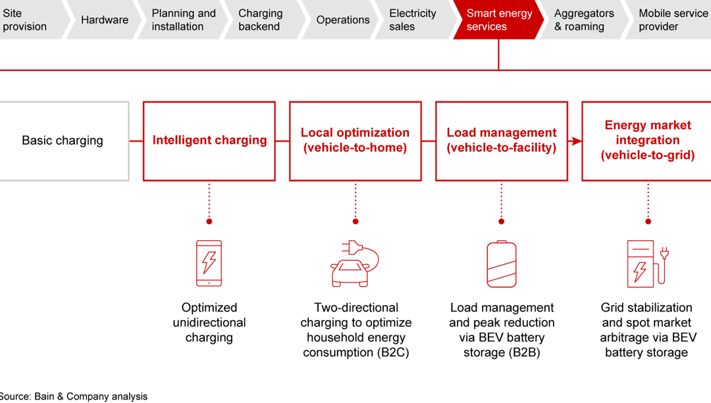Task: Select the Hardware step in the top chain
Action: click(x=104, y=20)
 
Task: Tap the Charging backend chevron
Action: click(x=261, y=20)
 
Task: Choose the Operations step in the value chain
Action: click(x=342, y=20)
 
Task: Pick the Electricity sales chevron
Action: click(x=413, y=20)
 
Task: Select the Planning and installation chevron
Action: click(x=182, y=20)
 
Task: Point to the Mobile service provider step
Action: click(x=671, y=20)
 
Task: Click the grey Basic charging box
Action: click(x=63, y=140)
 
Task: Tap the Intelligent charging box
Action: click(x=209, y=140)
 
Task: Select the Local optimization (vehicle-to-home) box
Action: click(x=355, y=140)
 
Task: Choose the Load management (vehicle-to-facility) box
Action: click(x=501, y=140)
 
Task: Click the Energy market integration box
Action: click(x=647, y=140)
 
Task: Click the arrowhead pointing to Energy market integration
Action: click(x=577, y=141)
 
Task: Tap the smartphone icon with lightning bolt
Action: click(x=209, y=263)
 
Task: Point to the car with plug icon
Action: click(x=355, y=263)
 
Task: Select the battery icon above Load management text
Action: click(x=501, y=264)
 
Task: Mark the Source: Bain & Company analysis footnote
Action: click(x=73, y=396)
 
